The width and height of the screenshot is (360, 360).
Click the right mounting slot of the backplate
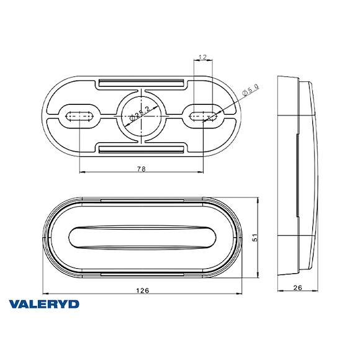click(204, 114)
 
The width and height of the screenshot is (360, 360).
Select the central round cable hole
click(142, 114)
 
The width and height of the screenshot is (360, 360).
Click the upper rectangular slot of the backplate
click(142, 83)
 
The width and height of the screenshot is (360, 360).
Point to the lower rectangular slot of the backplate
click(142, 147)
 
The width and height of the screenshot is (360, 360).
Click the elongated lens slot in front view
click(142, 238)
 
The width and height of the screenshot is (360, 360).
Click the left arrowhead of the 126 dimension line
click(44, 294)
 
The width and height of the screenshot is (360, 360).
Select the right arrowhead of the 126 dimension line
click(240, 294)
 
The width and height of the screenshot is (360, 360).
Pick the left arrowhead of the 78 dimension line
click(81, 173)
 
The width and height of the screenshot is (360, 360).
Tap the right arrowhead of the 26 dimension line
click(318, 294)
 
